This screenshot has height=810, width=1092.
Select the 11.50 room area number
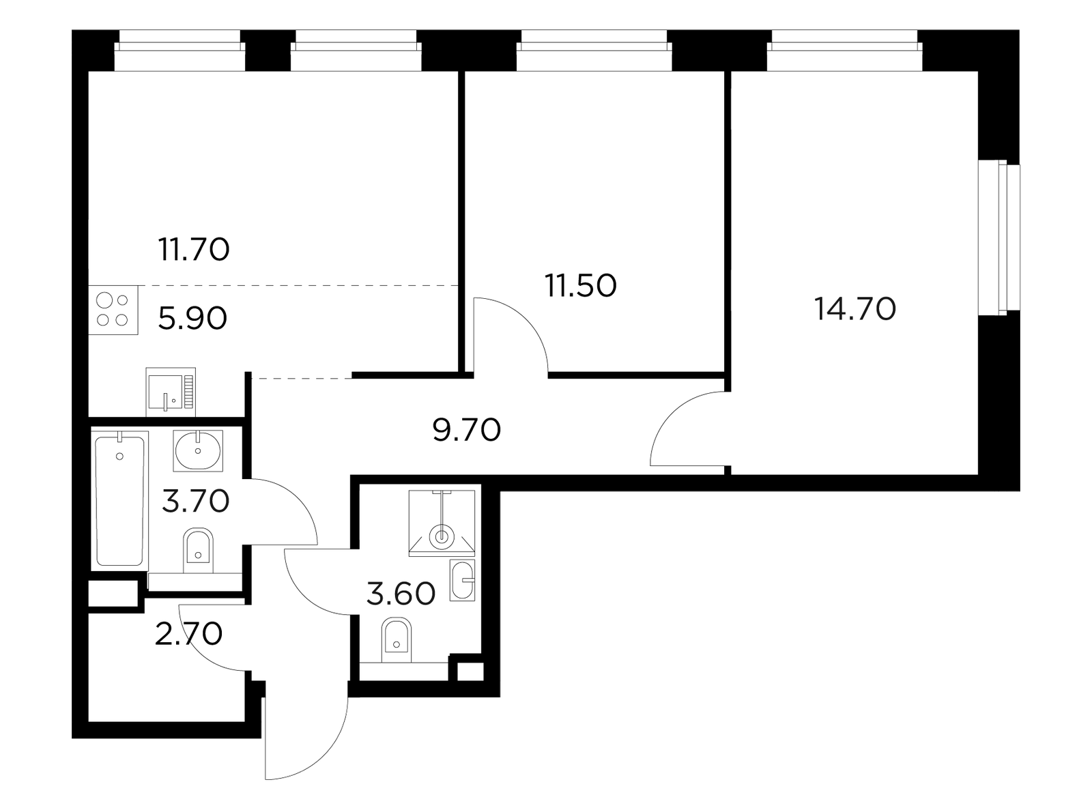580,286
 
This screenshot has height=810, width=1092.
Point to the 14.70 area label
855,309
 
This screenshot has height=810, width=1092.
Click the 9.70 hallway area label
467,429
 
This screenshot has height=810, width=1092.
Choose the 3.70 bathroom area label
195,502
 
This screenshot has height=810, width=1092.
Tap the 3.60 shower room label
401,594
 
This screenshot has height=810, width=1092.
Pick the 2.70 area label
188,634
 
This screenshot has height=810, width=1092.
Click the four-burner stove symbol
113,310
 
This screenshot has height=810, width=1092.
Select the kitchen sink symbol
171,392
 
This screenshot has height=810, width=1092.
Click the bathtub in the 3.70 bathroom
120,501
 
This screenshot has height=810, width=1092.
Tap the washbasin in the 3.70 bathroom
198,450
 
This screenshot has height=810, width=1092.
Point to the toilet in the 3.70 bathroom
198,551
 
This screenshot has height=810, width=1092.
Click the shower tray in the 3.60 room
442,523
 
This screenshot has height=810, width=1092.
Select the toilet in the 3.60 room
397,640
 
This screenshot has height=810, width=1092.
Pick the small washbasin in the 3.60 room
462,580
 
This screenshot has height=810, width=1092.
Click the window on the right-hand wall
999,237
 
